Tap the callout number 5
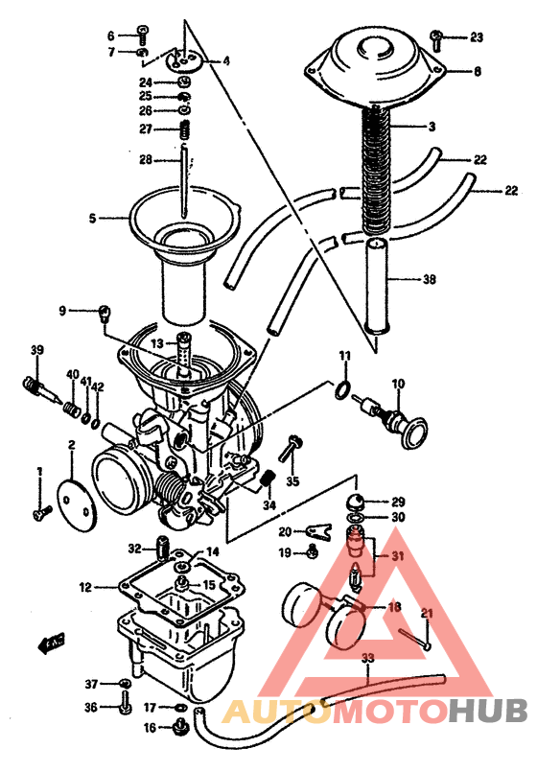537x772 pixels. (x=93, y=219)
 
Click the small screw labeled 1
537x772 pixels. (x=40, y=514)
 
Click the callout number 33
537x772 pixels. (x=367, y=659)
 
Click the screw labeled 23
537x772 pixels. (x=435, y=39)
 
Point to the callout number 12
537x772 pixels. (x=85, y=587)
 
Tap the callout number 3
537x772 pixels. (x=432, y=127)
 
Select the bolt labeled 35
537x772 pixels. (x=289, y=448)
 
